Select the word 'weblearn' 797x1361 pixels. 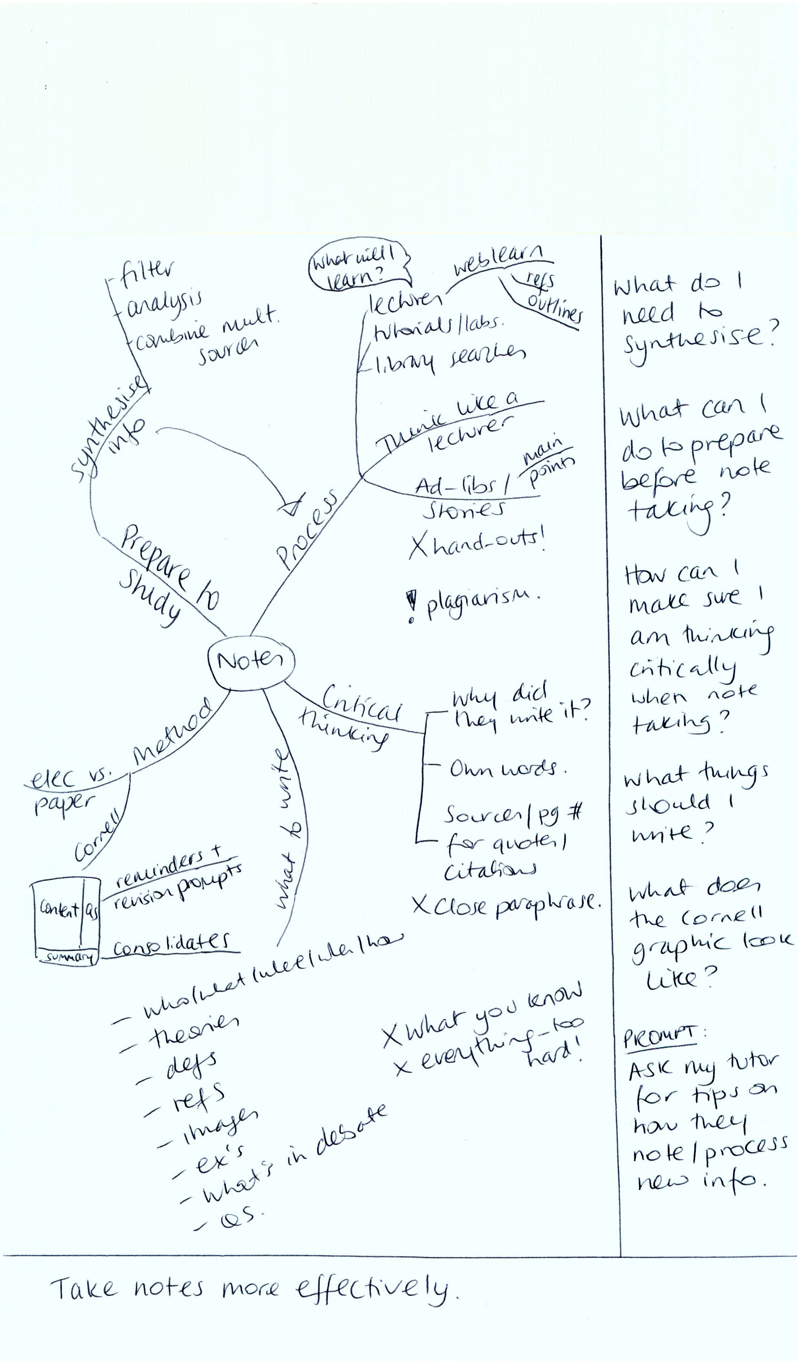[x=497, y=260]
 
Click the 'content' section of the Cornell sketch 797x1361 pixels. [x=58, y=909]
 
